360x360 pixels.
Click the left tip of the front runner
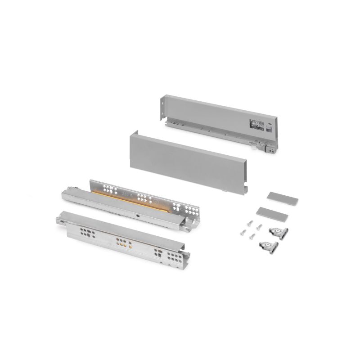pyautogui.click(x=58, y=220)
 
